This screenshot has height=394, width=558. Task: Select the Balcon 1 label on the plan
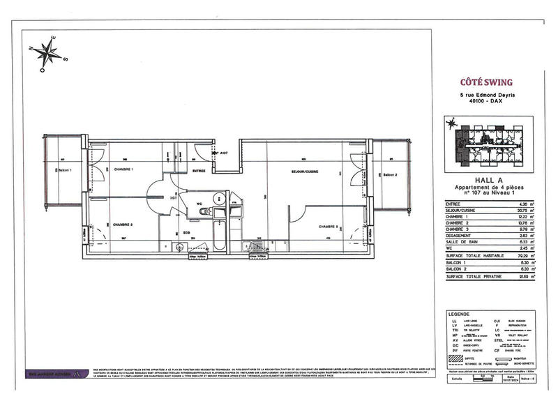(64, 171)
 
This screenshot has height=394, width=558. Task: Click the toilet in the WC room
(217, 197)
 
